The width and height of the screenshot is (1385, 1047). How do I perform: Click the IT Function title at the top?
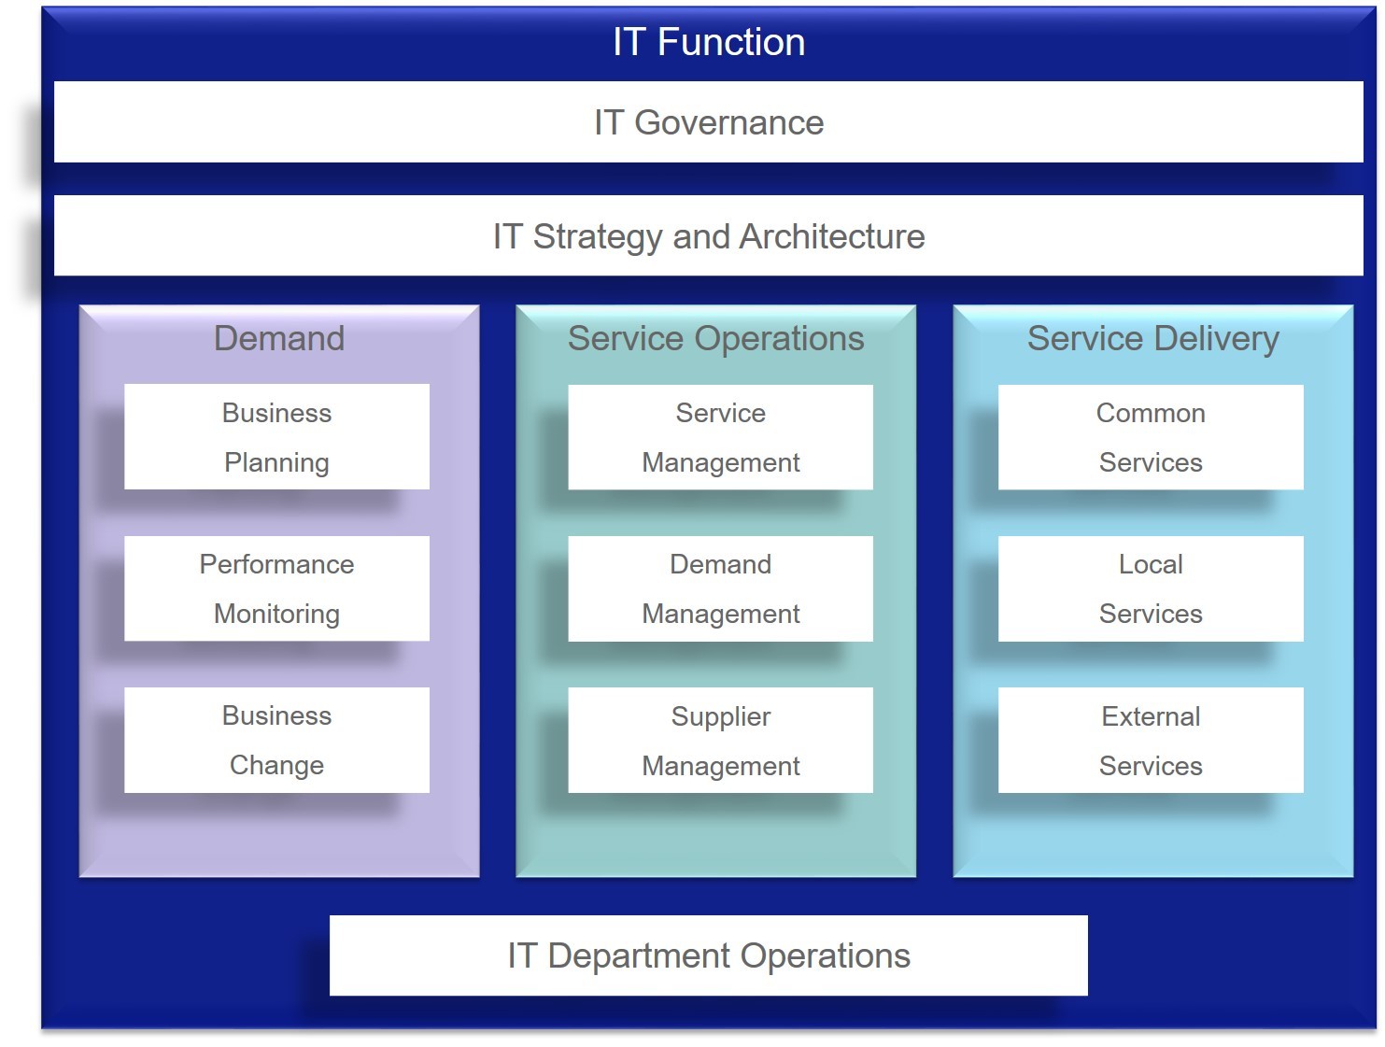point(709,42)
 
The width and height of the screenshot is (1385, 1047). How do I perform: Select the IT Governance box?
point(709,121)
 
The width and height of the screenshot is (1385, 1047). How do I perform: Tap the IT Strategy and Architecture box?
point(709,235)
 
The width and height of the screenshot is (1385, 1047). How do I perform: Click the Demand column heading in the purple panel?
point(279,338)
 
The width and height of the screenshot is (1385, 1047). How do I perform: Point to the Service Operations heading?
point(715,339)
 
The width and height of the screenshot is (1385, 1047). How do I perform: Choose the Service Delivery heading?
point(1152,339)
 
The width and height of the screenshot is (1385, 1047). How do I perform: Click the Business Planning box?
point(277,436)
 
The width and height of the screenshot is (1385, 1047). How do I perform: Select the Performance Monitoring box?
point(277,588)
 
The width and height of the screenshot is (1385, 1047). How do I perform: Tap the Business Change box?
point(277,740)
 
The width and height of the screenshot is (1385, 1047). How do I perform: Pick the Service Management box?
point(721,437)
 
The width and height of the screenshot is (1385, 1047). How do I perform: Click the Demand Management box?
point(721,588)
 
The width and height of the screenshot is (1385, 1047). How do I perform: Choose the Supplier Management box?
point(721,740)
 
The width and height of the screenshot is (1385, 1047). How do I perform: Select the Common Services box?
point(1151,437)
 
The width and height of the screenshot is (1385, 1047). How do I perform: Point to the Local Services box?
point(1151,588)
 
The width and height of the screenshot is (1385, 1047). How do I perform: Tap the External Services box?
point(1151,740)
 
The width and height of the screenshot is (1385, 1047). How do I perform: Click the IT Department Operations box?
point(709,955)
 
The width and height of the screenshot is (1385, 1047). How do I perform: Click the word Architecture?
point(832,236)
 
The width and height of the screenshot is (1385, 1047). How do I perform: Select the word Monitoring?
point(277,615)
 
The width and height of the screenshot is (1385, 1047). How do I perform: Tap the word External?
point(1151,716)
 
